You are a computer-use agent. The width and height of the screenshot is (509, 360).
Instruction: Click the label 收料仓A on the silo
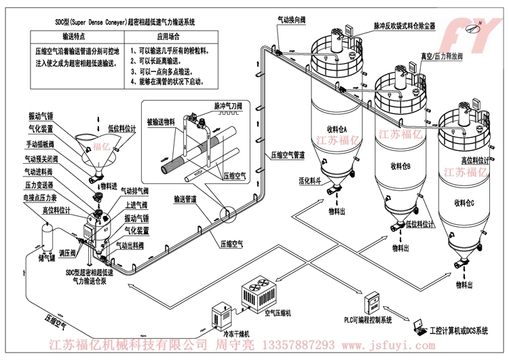[x=337, y=129]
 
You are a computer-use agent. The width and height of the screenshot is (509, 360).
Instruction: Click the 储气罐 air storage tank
[x=48, y=236]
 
